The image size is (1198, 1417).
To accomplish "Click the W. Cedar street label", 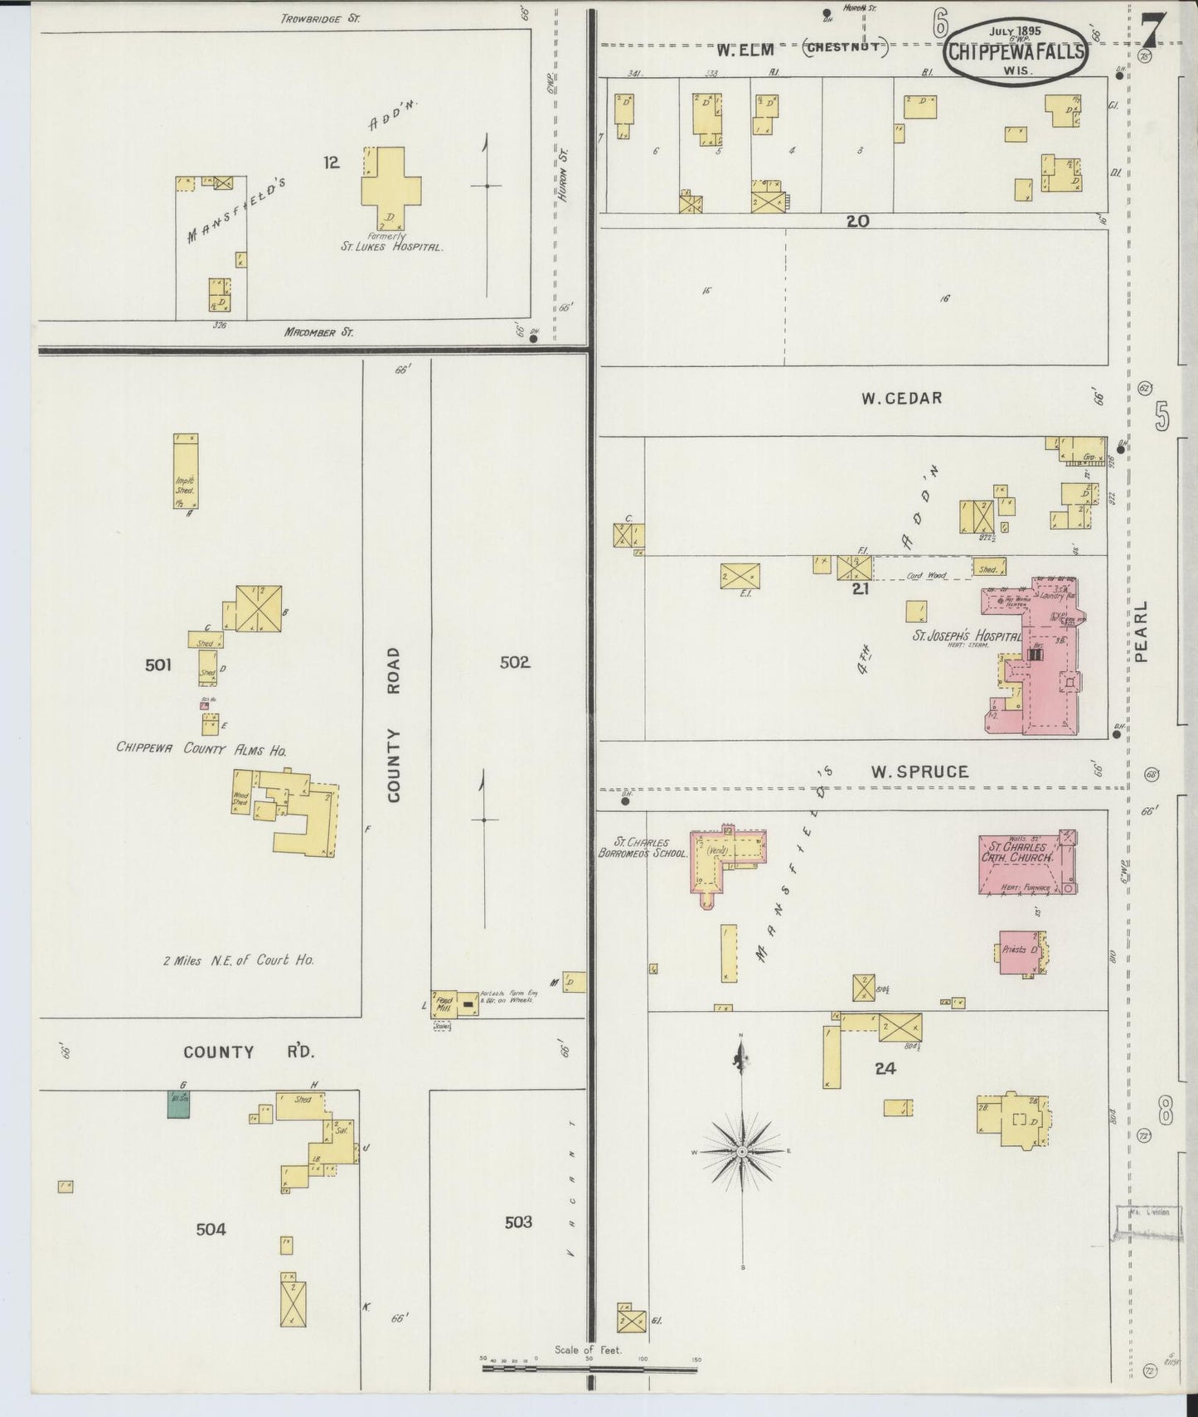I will pyautogui.click(x=901, y=398).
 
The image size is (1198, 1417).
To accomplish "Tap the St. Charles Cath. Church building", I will pyautogui.click(x=1026, y=862).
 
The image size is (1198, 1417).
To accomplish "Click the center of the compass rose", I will pyautogui.click(x=743, y=1151).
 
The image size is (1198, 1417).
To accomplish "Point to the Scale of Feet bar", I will pyautogui.click(x=589, y=1369).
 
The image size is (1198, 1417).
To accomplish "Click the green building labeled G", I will pyautogui.click(x=178, y=1104).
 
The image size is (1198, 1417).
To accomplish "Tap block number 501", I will pyautogui.click(x=158, y=665).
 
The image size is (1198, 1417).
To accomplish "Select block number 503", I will pyautogui.click(x=518, y=1221).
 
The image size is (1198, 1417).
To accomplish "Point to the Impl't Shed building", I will pyautogui.click(x=185, y=472).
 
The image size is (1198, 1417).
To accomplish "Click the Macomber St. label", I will pyautogui.click(x=318, y=332).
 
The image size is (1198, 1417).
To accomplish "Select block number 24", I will pyautogui.click(x=885, y=1069).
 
